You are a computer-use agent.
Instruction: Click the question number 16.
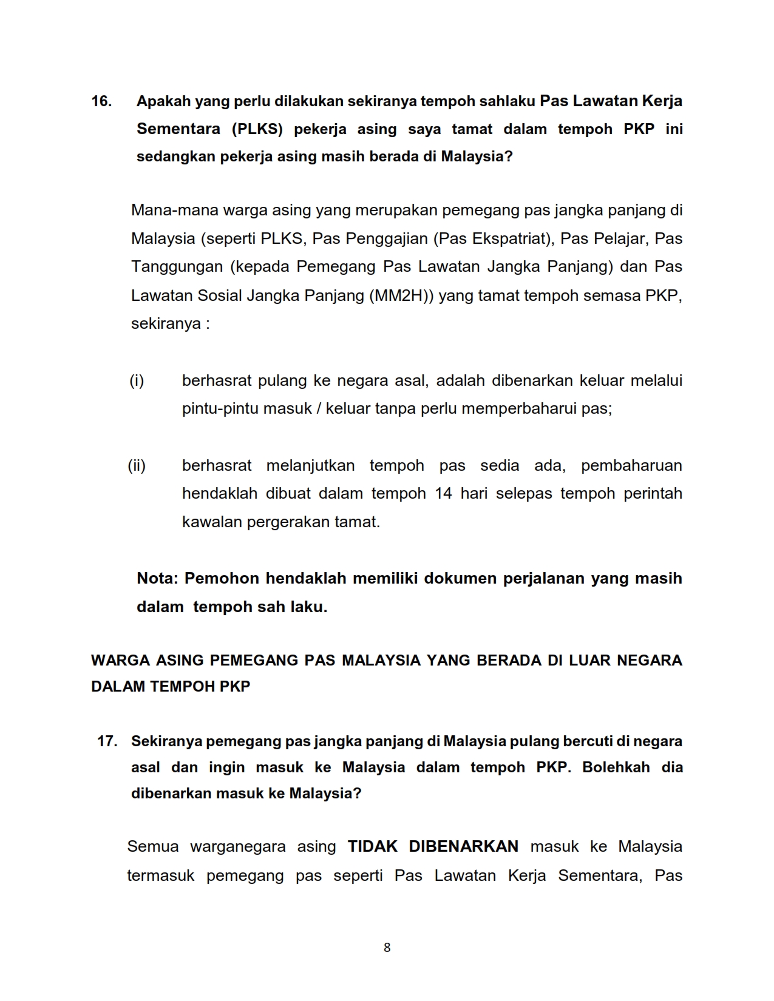101,101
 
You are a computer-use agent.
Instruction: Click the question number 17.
107,741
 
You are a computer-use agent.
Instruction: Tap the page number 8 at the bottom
387,948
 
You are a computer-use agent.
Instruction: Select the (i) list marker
137,381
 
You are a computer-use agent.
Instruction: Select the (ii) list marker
137,466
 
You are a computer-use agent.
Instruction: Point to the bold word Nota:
157,578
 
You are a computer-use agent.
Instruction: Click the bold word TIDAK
372,847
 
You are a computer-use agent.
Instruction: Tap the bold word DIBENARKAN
464,847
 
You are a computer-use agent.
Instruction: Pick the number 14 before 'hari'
444,494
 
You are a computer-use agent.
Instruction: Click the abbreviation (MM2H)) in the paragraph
401,295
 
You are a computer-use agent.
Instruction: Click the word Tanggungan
177,267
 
